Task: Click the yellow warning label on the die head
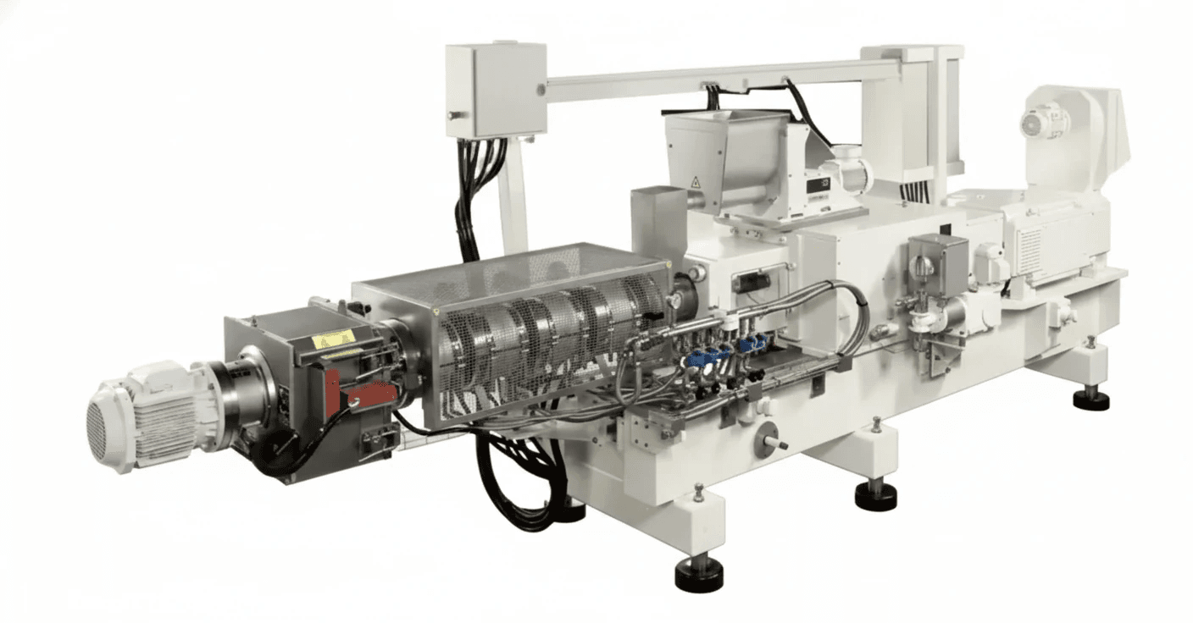coord(333,339)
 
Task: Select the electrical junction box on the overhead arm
coord(496,90)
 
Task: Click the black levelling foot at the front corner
coord(699,576)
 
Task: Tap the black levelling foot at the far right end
coord(1090,398)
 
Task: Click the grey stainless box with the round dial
coord(936,262)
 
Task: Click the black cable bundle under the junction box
coord(475,190)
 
